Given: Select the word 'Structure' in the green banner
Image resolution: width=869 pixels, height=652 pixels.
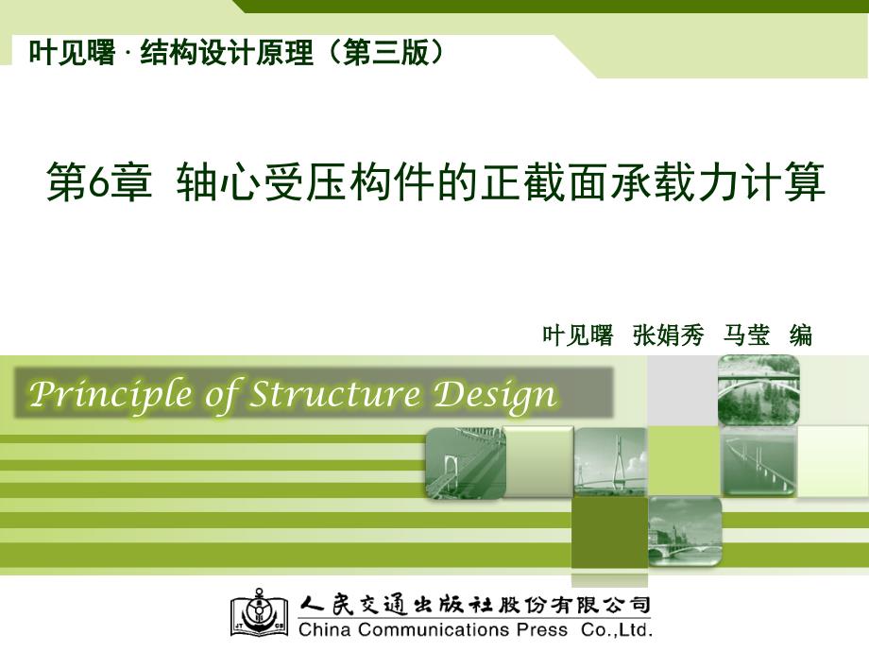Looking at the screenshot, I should (x=334, y=394).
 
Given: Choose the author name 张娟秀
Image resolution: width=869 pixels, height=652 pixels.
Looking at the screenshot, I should (x=668, y=335).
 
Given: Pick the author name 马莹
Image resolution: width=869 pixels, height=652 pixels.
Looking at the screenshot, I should (x=747, y=335).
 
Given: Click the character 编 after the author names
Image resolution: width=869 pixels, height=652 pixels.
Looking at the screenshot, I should (x=800, y=335).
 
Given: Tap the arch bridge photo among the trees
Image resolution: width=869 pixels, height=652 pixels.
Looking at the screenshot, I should (x=758, y=389).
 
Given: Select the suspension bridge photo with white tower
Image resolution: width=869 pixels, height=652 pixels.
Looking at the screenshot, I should (x=465, y=462).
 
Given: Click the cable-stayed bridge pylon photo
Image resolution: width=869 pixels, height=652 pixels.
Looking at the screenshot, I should (x=610, y=462).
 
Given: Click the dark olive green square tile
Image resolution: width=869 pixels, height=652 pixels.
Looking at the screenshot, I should (x=609, y=531).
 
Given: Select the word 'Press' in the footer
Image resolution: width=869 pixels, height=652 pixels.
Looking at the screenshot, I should (x=541, y=629).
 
